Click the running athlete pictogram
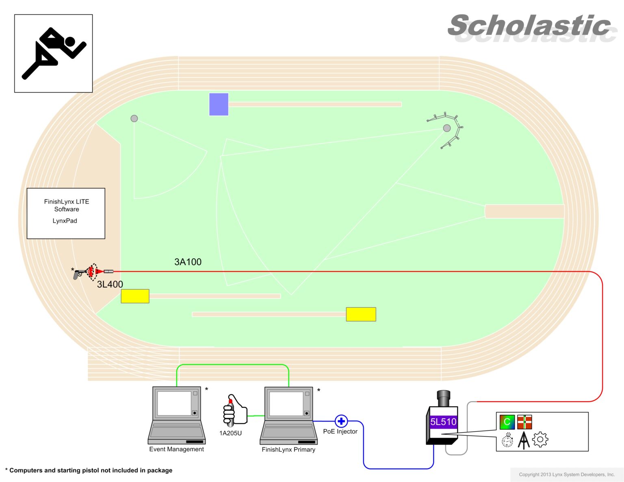53,53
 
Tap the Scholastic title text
530,26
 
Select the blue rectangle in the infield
219,104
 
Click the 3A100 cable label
188,262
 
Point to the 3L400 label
110,284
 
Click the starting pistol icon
79,274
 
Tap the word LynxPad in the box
65,221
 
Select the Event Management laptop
177,415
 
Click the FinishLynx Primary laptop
288,415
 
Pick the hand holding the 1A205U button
234,410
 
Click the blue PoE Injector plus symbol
341,421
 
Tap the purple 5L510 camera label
443,422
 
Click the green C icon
507,422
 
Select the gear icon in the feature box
540,439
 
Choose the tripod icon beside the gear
524,440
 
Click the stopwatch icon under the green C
507,440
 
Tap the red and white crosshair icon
524,422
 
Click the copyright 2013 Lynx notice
567,474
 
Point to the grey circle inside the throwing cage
447,128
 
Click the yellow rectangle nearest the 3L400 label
135,296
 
